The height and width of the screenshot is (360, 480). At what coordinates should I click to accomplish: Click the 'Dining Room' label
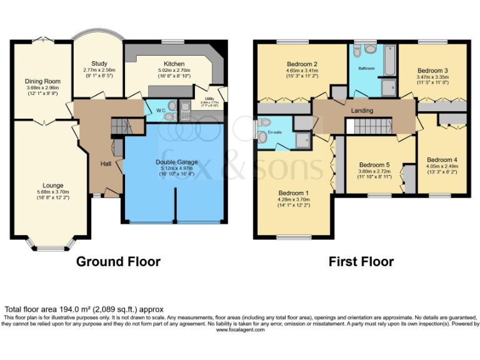[x=42, y=81]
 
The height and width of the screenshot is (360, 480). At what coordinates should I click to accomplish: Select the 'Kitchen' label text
[x=174, y=64]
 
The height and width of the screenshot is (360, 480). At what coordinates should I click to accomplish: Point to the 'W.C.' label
[x=161, y=111]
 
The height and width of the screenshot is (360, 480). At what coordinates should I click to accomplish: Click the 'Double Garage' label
[x=176, y=162]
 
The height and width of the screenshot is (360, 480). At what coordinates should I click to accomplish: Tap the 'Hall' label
[x=106, y=164]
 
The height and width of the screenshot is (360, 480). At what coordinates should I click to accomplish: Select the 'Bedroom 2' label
[x=302, y=64]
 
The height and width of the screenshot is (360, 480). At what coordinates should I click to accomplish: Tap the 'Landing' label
[x=362, y=111]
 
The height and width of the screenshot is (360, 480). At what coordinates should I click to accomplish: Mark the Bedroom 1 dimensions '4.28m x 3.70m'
[x=293, y=200]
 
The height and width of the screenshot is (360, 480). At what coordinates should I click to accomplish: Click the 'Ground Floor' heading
[x=118, y=261]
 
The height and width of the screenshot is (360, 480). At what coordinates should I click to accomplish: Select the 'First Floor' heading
[x=361, y=261]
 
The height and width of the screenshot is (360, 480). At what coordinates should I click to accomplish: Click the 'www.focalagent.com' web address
[x=240, y=329]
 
